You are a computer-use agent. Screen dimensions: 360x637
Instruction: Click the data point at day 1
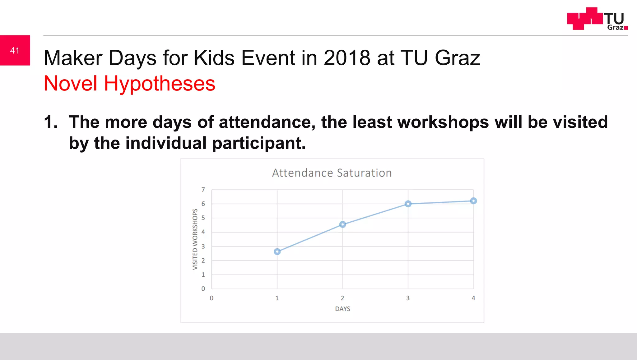coord(277,252)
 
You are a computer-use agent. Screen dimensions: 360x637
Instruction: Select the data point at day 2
coord(342,224)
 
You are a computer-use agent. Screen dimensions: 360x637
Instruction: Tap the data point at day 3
coord(408,204)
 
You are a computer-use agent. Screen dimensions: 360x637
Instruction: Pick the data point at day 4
coord(473,201)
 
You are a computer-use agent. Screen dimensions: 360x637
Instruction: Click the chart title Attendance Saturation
coord(332,173)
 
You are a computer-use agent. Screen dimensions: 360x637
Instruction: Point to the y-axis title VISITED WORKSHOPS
coord(195,239)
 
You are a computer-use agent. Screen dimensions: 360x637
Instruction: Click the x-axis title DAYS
coord(342,309)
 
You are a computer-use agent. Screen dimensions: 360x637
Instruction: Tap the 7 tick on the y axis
coord(203,190)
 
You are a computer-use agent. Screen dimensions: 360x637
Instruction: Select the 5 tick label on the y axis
coord(203,218)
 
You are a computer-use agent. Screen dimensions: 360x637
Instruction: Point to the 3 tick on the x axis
coord(408,298)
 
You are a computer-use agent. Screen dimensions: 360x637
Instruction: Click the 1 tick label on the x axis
coord(277,298)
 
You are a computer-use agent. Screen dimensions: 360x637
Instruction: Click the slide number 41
coord(15,50)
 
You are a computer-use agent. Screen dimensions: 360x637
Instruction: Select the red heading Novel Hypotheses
coord(129,83)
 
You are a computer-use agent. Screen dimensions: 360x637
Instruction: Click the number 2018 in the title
coord(347,58)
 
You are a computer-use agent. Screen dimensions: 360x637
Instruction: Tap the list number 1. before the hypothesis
coord(51,122)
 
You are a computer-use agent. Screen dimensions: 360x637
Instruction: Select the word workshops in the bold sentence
coord(443,122)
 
